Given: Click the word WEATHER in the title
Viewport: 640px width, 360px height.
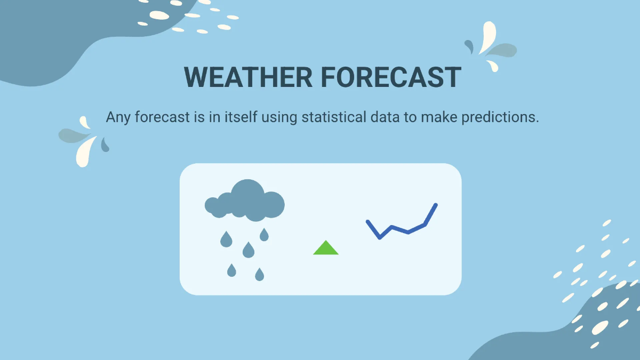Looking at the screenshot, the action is coord(249,77).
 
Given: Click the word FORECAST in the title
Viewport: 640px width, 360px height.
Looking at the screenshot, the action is coord(391,77).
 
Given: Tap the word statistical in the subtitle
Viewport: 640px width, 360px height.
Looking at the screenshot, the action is coord(334,117).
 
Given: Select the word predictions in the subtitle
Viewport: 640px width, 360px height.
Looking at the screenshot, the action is coord(500,117).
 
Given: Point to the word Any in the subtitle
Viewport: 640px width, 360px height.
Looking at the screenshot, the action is coord(118,117).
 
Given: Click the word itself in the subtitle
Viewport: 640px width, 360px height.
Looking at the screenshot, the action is coord(241,117).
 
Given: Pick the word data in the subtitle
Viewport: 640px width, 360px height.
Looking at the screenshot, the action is coord(385,117).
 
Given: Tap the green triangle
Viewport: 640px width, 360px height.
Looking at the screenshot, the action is coord(326,247).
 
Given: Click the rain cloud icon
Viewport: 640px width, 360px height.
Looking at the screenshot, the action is coord(245,201).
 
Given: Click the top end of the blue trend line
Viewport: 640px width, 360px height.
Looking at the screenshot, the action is coord(436,205).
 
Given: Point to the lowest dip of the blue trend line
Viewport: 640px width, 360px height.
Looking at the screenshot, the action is coord(380,237).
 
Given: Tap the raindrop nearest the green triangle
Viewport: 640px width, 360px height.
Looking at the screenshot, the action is coord(264,235).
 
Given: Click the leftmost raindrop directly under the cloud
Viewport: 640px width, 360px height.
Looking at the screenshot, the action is coord(226,239).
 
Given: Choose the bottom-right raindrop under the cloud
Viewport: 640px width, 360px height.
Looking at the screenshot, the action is coord(259,275).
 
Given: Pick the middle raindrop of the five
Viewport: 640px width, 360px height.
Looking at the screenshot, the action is coord(249,250).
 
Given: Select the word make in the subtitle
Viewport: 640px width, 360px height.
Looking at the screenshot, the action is coord(439,117).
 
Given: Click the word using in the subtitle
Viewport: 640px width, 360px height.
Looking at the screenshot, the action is coord(279,118).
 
